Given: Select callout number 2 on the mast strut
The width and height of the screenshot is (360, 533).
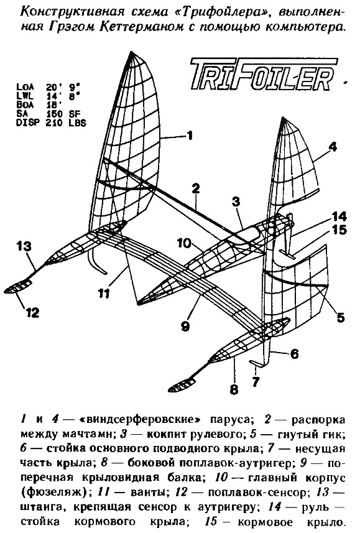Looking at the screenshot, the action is click(x=195, y=189).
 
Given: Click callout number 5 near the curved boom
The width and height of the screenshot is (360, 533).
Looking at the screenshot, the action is click(x=340, y=317).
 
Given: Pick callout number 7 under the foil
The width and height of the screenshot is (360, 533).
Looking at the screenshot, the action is click(x=256, y=381).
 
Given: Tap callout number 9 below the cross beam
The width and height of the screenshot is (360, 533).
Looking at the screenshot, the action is click(x=185, y=326).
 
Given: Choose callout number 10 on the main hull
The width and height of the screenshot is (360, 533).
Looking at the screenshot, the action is click(x=184, y=243).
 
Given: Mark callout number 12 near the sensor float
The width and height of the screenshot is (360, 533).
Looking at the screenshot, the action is click(x=32, y=312).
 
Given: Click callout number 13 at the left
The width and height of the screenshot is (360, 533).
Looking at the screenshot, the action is click(x=24, y=246).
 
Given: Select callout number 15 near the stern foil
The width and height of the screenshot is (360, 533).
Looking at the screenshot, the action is click(x=339, y=229).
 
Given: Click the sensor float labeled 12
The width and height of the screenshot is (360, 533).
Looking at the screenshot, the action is click(x=18, y=287).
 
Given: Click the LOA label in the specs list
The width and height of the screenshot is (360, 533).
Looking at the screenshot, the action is click(x=25, y=87).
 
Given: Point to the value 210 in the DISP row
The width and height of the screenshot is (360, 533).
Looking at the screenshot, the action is click(x=54, y=123).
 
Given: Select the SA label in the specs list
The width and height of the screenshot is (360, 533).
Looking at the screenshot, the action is click(x=22, y=114).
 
